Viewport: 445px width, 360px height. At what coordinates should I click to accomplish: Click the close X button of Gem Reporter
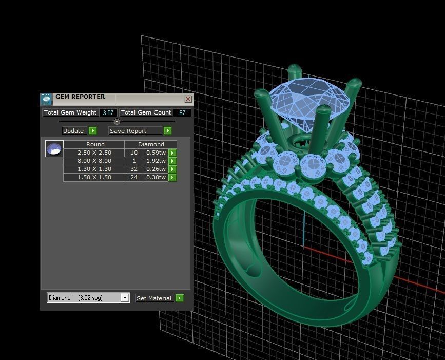tap(188, 99)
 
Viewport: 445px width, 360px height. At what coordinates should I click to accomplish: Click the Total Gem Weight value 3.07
tap(108, 112)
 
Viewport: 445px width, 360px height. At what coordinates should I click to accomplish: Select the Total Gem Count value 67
tap(182, 112)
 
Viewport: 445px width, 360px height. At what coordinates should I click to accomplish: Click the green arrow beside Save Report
tap(167, 131)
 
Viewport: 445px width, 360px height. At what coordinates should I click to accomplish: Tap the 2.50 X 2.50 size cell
tap(94, 153)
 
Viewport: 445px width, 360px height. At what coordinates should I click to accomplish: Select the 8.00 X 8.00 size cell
tap(94, 161)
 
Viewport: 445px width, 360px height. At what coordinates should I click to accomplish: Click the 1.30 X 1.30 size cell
tap(94, 169)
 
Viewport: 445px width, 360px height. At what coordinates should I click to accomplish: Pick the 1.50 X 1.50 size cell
tap(94, 177)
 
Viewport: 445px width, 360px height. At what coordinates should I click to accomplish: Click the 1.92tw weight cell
tap(156, 161)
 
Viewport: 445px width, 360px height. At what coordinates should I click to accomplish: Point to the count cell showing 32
tap(134, 169)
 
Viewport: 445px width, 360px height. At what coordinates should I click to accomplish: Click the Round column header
tap(95, 144)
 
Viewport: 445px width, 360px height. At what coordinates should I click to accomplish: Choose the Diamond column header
tap(151, 144)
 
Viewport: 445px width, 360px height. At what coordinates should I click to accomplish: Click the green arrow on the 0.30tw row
tap(172, 177)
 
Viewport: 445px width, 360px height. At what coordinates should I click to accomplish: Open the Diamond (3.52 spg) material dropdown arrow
tap(125, 298)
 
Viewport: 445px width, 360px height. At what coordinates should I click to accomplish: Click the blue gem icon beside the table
tap(54, 149)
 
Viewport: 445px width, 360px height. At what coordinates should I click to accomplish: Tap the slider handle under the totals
tap(117, 122)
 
